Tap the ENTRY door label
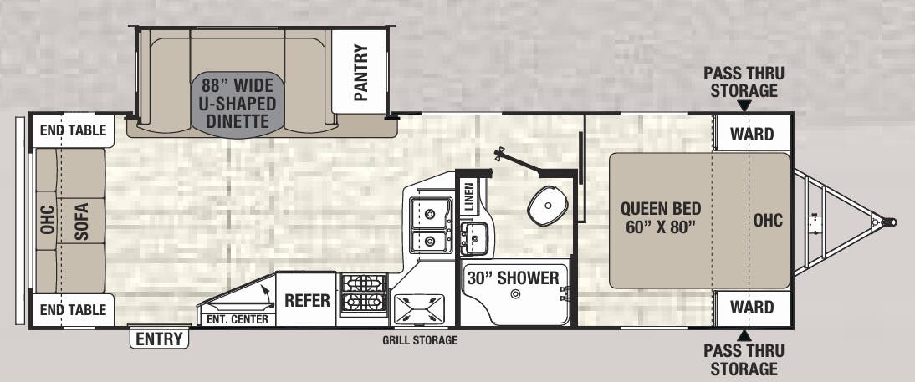(160, 339)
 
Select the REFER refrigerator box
(307, 300)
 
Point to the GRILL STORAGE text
(420, 340)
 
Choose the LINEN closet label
(468, 197)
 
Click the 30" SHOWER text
(513, 278)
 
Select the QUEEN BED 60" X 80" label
(661, 218)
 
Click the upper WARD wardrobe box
(751, 135)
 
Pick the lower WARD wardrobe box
(751, 308)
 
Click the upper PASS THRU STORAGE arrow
(744, 105)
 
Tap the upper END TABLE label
(73, 130)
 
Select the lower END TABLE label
(73, 310)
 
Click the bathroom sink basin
(476, 238)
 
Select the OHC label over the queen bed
(767, 220)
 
